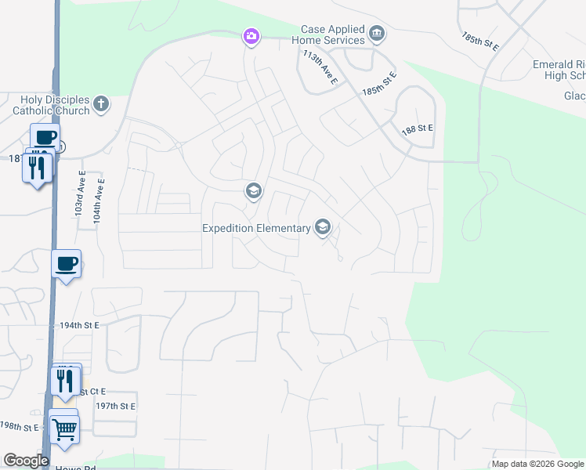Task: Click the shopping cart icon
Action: click(64, 428)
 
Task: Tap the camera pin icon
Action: click(251, 36)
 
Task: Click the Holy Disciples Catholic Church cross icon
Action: click(100, 103)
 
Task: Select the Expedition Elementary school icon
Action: click(322, 228)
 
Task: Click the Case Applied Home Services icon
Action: click(377, 33)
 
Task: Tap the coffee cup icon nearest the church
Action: click(45, 137)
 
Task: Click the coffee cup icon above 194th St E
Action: click(67, 263)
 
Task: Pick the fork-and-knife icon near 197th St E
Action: click(64, 381)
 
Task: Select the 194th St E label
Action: click(81, 324)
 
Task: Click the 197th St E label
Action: click(116, 406)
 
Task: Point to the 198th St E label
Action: click(20, 427)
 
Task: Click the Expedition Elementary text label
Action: click(256, 229)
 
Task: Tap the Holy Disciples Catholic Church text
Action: click(51, 104)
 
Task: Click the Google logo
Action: click(26, 461)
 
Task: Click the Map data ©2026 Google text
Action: click(537, 464)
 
